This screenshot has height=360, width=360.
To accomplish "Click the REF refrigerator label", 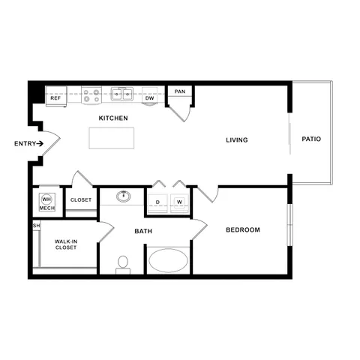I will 55,98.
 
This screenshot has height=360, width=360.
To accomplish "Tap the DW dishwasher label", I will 149,98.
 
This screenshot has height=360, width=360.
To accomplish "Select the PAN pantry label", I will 179,91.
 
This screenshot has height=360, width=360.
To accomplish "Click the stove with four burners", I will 91,95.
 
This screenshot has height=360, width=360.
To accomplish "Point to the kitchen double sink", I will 122,94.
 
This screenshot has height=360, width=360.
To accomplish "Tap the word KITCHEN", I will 113,118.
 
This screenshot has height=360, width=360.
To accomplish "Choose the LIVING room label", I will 237,140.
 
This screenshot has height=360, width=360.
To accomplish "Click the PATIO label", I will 311,139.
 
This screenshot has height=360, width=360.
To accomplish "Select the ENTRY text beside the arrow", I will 24,143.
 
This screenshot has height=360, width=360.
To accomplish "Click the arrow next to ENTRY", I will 42,143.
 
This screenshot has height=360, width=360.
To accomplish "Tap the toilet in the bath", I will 123,263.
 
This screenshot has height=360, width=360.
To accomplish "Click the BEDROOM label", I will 243,229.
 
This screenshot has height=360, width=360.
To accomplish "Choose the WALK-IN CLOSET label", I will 65,244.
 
